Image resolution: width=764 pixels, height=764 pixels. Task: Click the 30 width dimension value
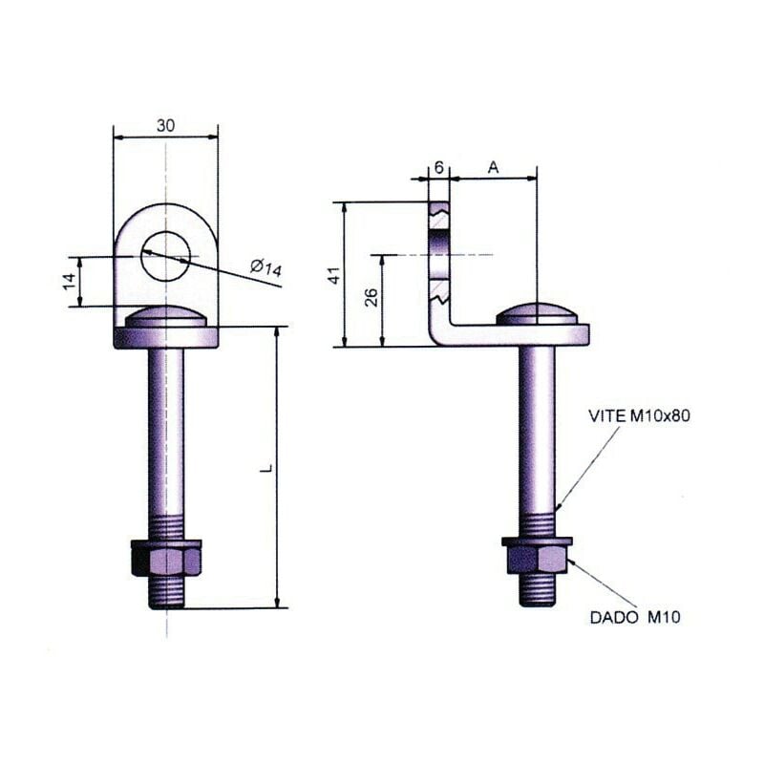point(165,125)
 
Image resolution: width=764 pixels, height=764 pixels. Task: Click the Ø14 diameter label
point(266,267)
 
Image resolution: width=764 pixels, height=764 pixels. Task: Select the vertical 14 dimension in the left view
point(69,281)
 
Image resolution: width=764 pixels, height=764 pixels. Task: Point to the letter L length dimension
point(268,468)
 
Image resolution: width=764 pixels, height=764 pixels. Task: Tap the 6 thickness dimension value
point(438,167)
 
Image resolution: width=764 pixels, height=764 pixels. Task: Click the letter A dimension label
point(493,167)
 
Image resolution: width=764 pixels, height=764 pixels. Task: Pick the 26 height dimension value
point(371,298)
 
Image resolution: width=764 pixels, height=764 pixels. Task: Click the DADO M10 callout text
point(634,618)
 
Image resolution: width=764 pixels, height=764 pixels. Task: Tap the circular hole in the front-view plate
point(166,256)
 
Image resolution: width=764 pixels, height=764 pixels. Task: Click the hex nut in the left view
point(166,558)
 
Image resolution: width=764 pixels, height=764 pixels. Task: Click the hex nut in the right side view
point(537,556)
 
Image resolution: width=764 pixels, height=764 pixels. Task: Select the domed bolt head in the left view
point(166,317)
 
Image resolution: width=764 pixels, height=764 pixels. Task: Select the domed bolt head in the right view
point(537,314)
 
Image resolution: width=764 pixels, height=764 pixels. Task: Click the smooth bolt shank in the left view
point(166,430)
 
